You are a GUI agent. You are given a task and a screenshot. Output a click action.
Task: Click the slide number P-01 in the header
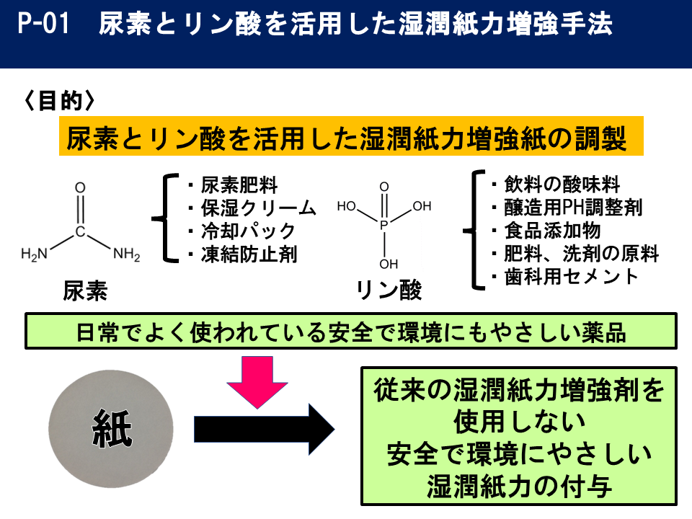[x=45, y=25]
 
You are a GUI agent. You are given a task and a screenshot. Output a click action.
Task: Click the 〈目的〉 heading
[x=59, y=101]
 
